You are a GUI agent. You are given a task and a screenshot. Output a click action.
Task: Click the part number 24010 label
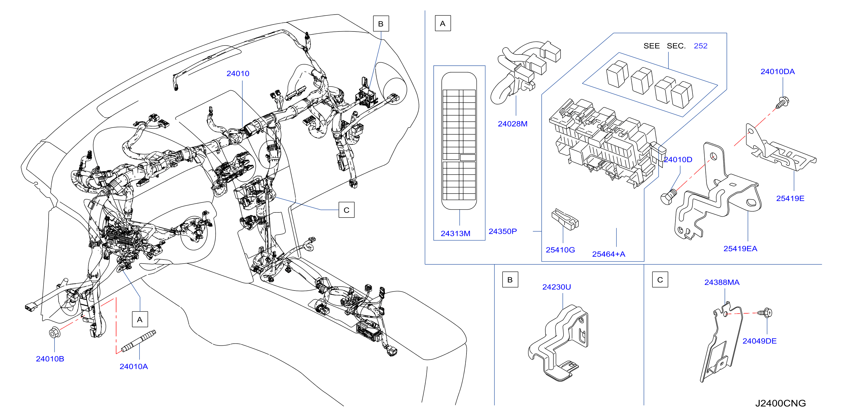click(x=238, y=74)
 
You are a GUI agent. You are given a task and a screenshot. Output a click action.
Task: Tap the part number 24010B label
click(x=50, y=359)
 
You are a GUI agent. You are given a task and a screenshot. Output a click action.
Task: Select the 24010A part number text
click(x=134, y=366)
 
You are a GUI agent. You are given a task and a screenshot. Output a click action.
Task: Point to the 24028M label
click(x=513, y=124)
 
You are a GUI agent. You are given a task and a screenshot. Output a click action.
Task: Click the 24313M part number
click(x=456, y=234)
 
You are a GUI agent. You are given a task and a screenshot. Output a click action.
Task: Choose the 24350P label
click(x=503, y=231)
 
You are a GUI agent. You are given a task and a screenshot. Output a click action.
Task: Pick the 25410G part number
click(x=560, y=250)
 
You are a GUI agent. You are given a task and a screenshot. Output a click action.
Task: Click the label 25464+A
click(x=609, y=254)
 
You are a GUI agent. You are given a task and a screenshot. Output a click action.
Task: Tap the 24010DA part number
click(x=777, y=72)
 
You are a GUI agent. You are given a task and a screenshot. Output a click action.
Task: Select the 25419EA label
click(x=740, y=249)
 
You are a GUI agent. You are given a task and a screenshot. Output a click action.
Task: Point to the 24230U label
click(x=557, y=287)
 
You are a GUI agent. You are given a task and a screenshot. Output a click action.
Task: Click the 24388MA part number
click(x=722, y=282)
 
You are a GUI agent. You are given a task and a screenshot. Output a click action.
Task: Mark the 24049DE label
click(x=759, y=341)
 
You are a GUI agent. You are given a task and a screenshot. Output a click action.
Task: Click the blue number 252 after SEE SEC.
click(x=701, y=46)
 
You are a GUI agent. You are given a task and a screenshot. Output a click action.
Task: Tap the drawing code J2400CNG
click(x=781, y=403)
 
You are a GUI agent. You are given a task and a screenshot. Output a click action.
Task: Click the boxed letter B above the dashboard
click(x=381, y=24)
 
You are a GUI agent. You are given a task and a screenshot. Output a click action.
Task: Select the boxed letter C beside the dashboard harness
click(x=346, y=210)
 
